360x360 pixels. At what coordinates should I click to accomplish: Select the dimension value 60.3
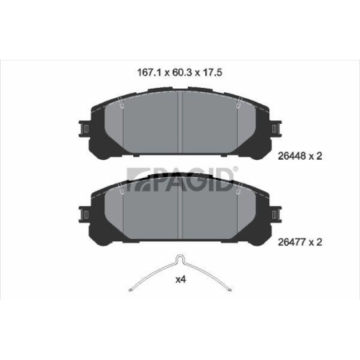(182, 73)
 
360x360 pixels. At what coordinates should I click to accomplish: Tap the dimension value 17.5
(212, 73)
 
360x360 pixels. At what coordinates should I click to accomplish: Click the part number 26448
(292, 156)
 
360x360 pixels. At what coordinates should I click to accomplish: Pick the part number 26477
(292, 242)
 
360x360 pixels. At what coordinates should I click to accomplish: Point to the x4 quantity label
(181, 279)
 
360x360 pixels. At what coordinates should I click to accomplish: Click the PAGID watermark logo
(180, 179)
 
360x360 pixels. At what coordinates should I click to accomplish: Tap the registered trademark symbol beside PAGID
(236, 169)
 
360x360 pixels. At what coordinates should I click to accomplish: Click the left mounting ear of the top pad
(84, 129)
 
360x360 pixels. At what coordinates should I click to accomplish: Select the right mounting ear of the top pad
(276, 129)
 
